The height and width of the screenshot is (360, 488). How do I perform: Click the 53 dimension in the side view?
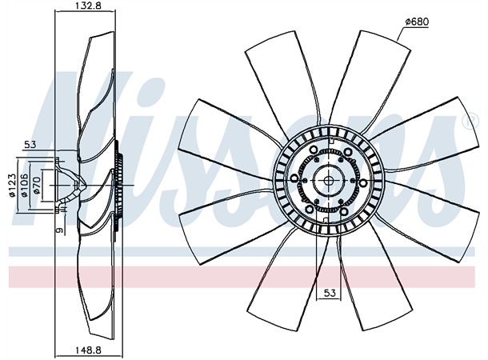30,145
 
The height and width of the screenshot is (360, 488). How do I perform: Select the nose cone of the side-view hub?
77,185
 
